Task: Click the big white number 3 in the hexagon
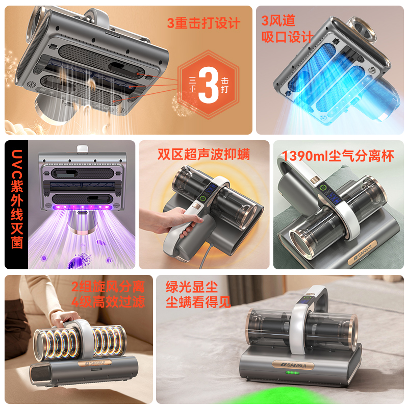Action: click(x=209, y=85)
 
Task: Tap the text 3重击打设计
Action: click(x=203, y=23)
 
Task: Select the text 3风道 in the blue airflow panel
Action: click(x=278, y=20)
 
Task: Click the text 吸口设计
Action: click(x=287, y=37)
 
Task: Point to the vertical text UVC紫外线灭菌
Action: click(x=17, y=199)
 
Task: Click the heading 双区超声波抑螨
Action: click(x=203, y=154)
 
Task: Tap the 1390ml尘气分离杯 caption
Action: click(x=338, y=156)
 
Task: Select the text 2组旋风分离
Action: click(x=108, y=287)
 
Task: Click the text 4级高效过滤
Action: click(x=108, y=302)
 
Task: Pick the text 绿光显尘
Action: click(x=192, y=287)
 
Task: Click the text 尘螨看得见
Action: click(x=198, y=302)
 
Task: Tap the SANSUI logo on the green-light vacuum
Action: click(x=293, y=365)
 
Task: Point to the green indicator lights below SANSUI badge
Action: click(x=293, y=373)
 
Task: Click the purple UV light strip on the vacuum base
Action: click(x=82, y=208)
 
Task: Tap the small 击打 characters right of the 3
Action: click(x=224, y=85)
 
